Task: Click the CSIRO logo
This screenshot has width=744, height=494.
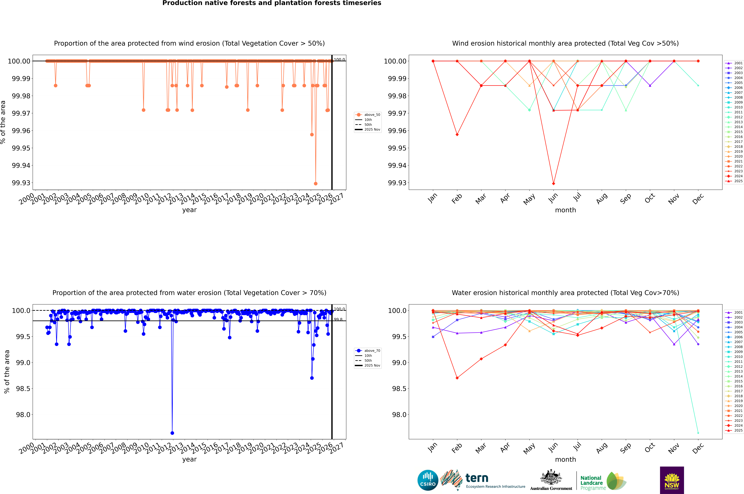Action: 428,480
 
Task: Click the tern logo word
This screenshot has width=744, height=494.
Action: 477,478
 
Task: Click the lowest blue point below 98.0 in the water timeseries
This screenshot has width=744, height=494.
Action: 172,433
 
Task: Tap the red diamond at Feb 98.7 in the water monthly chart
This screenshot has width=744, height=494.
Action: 457,378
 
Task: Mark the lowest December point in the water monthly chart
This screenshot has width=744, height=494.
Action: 698,433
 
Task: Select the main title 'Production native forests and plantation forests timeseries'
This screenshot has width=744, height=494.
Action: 272,3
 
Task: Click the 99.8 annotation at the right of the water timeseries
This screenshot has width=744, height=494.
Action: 338,319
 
